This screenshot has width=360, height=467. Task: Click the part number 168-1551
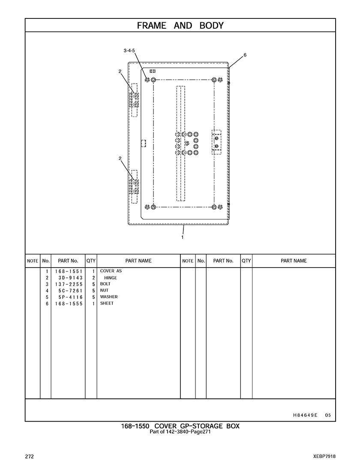(69, 271)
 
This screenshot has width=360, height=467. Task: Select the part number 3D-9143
(71, 278)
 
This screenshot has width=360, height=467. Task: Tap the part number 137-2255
(69, 284)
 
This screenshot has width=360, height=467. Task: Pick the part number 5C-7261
(71, 291)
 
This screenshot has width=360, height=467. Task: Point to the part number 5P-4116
(71, 297)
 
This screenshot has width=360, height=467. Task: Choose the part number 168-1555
(69, 304)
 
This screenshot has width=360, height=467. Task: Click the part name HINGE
(111, 278)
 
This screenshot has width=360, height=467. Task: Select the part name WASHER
(109, 297)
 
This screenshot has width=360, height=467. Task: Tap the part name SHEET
(107, 303)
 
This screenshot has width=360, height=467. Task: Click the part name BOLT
(105, 284)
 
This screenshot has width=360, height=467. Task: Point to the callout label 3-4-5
(129, 51)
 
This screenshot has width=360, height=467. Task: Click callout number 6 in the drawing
(245, 55)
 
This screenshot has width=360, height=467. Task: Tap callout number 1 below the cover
(182, 238)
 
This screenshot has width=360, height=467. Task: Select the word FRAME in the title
(152, 26)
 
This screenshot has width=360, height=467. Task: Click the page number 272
(30, 457)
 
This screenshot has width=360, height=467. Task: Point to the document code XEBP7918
(324, 456)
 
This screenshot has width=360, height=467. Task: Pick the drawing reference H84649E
(305, 415)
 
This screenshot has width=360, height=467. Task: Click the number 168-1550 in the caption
(135, 426)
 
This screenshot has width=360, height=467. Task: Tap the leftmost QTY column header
(91, 261)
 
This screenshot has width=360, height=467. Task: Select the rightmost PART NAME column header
(294, 261)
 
